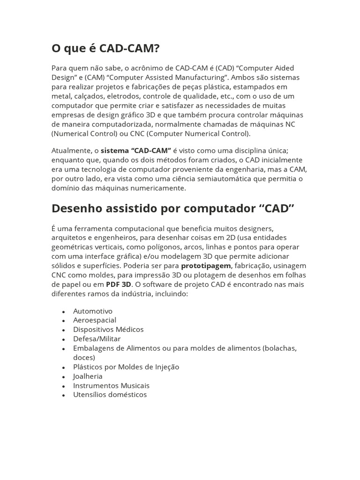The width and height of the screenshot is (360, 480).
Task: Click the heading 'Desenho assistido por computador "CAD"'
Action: pyautogui.click(x=173, y=208)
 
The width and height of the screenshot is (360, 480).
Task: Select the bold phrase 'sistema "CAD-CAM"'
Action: pyautogui.click(x=136, y=150)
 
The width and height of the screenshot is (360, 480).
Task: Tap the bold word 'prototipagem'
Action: pyautogui.click(x=206, y=266)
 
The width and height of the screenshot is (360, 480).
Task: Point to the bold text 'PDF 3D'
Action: pyautogui.click(x=118, y=285)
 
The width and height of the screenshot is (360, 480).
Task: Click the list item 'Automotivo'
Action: pyautogui.click(x=93, y=311)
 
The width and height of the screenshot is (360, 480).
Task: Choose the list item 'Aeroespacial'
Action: pyautogui.click(x=95, y=320)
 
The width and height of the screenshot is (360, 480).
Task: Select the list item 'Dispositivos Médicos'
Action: pyautogui.click(x=108, y=330)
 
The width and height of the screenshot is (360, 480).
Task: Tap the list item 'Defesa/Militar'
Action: pyautogui.click(x=97, y=339)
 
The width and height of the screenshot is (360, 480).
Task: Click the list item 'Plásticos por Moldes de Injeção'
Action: pyautogui.click(x=126, y=367)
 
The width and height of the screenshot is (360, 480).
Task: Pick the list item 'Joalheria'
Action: pyautogui.click(x=88, y=376)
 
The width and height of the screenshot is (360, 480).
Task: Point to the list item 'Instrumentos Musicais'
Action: pyautogui.click(x=111, y=386)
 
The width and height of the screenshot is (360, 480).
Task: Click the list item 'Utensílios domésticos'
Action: pyautogui.click(x=110, y=395)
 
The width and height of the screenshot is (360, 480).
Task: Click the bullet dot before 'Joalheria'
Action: pyautogui.click(x=63, y=377)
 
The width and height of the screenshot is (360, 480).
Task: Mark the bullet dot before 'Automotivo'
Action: pyautogui.click(x=63, y=311)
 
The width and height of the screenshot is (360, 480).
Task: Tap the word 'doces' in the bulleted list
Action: pyautogui.click(x=82, y=357)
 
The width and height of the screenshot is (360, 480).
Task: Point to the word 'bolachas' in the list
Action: pyautogui.click(x=280, y=348)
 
